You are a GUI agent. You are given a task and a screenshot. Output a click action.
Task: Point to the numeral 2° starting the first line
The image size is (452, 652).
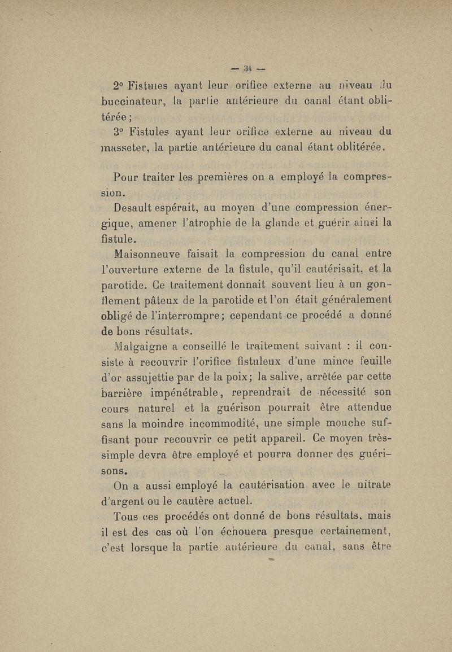click(x=119, y=86)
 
